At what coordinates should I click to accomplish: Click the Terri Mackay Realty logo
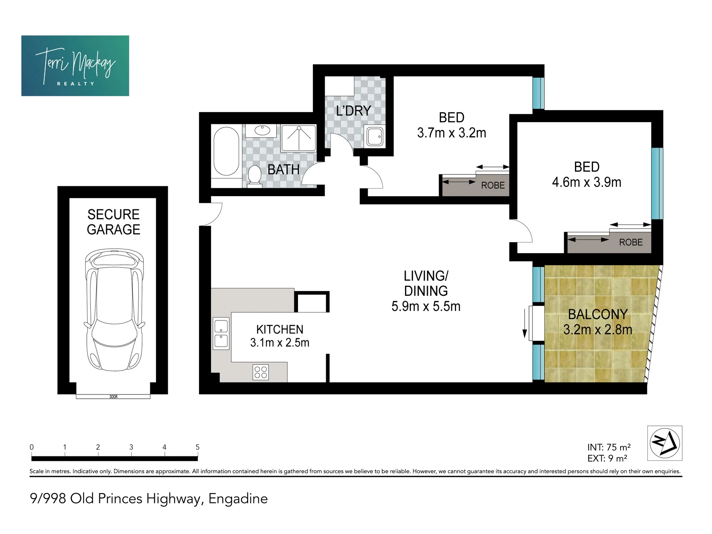click(x=75, y=66)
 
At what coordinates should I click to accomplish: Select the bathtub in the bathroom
click(x=226, y=151)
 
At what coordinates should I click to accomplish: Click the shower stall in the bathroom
click(x=299, y=138)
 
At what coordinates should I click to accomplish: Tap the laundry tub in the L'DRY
click(x=375, y=136)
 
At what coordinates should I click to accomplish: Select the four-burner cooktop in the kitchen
click(x=261, y=372)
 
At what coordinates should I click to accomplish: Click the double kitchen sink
click(x=221, y=333)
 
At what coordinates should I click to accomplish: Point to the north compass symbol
click(x=665, y=443)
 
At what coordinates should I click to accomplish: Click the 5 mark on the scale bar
click(x=198, y=447)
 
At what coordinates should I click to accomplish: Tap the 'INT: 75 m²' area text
click(x=609, y=447)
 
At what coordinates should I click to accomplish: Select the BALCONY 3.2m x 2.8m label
click(x=598, y=322)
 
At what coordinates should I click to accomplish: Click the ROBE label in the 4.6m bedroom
click(x=631, y=242)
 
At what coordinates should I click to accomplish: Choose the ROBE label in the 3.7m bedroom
click(x=493, y=185)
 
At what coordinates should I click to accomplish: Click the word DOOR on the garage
click(x=114, y=397)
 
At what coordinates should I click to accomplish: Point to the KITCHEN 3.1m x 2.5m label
click(x=280, y=336)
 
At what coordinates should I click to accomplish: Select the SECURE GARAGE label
click(x=114, y=222)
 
